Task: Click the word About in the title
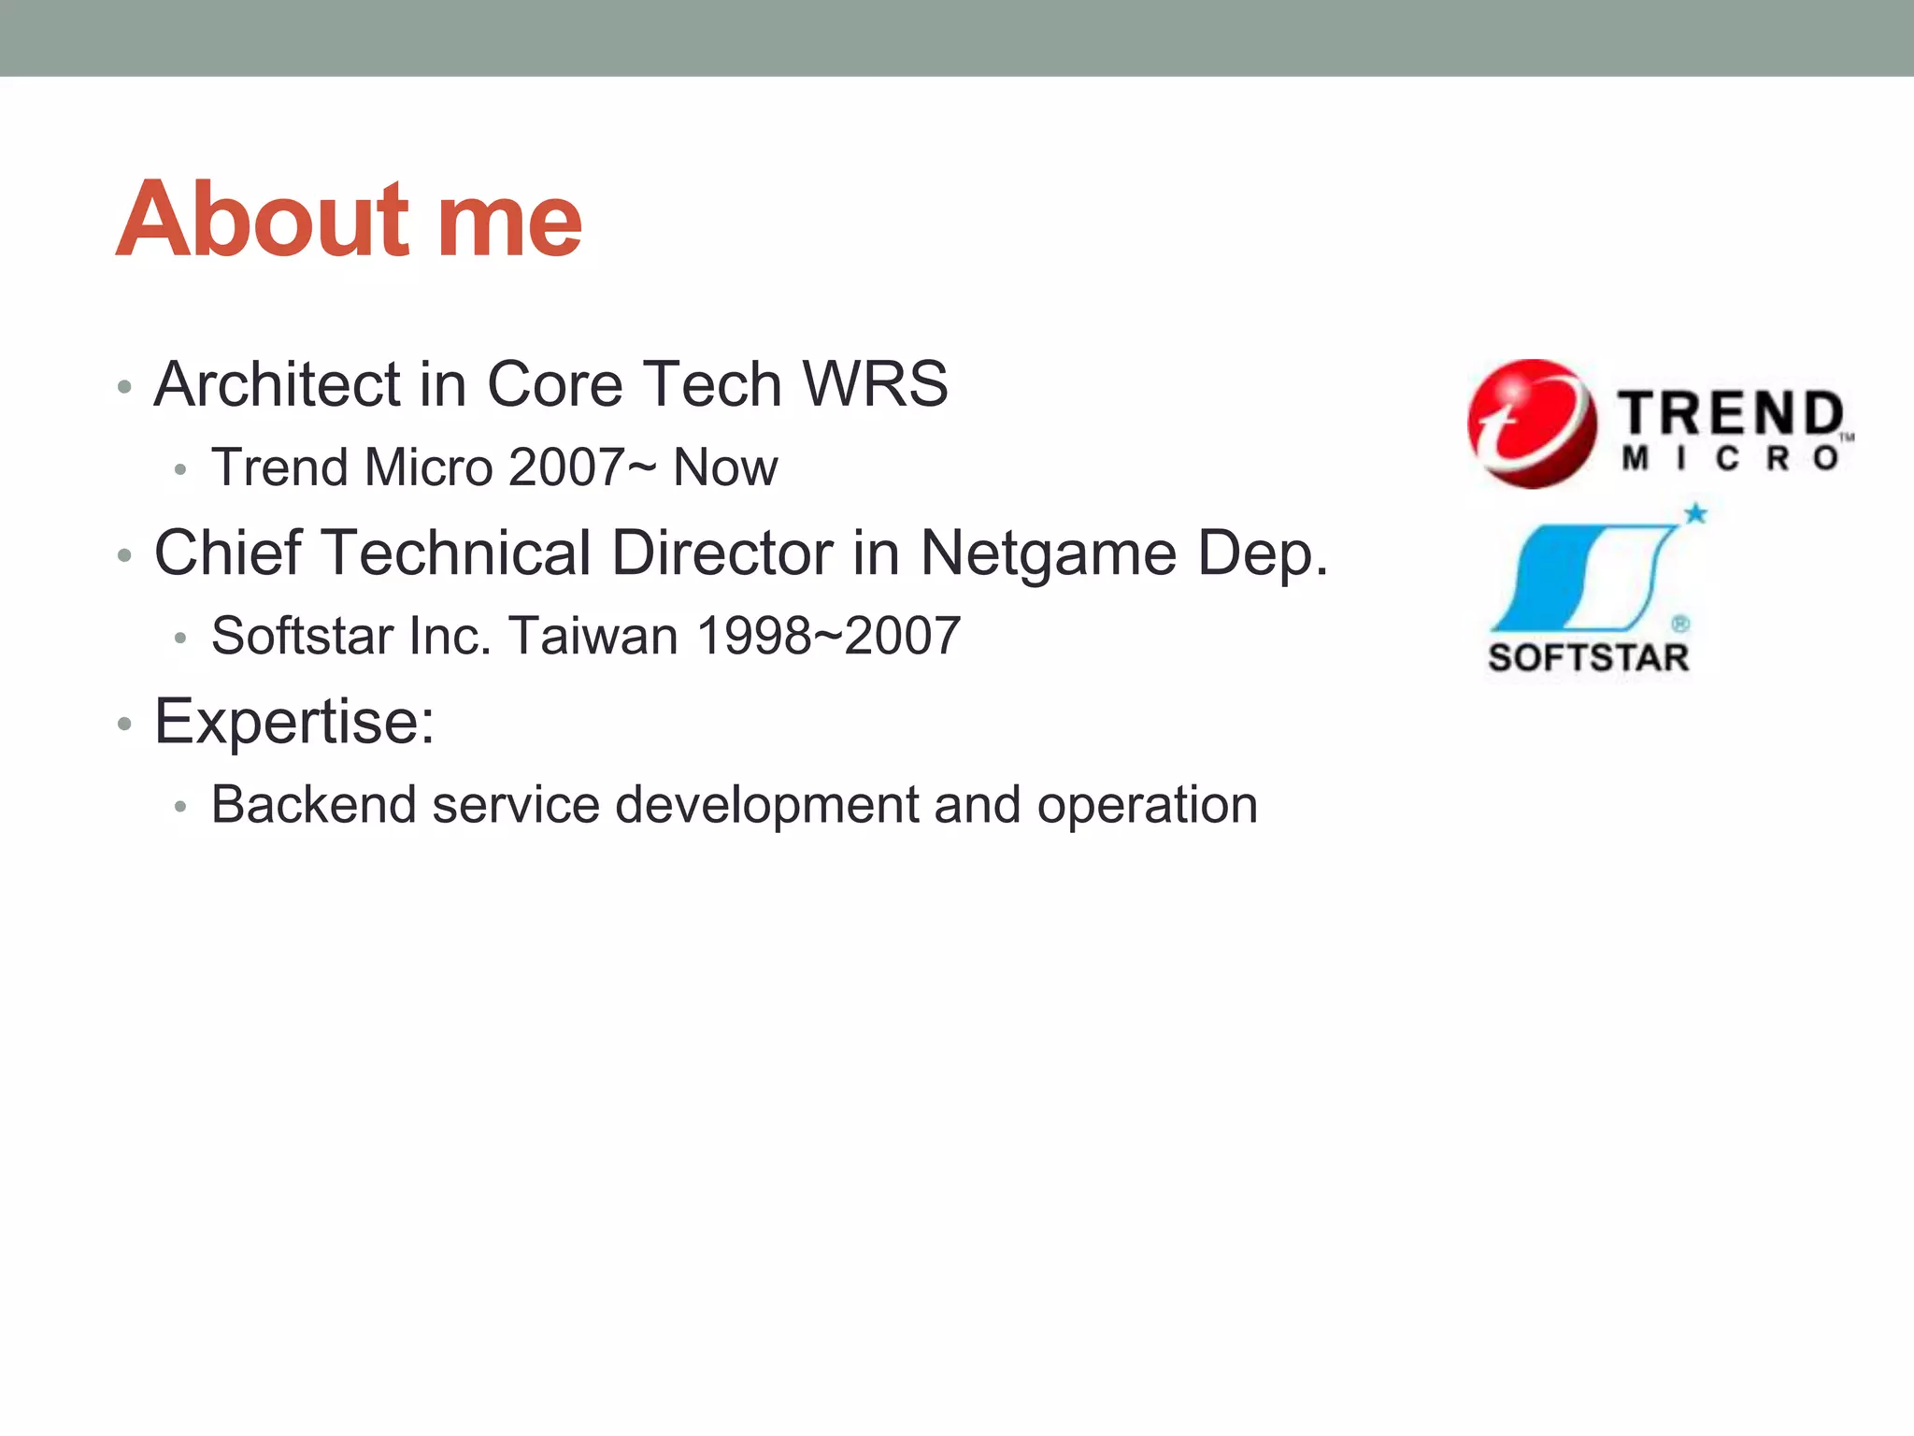click(x=264, y=220)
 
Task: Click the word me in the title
click(x=509, y=224)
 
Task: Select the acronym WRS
click(x=875, y=384)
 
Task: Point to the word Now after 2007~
click(x=724, y=467)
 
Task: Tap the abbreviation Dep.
click(x=1263, y=554)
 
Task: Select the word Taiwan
click(x=593, y=637)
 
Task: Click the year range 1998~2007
click(x=828, y=637)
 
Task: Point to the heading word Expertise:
click(x=294, y=723)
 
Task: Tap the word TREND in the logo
click(x=1731, y=414)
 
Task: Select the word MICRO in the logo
click(x=1731, y=459)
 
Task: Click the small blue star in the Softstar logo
click(x=1694, y=513)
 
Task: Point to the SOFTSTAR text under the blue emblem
click(x=1588, y=658)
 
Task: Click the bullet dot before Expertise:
click(x=124, y=724)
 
